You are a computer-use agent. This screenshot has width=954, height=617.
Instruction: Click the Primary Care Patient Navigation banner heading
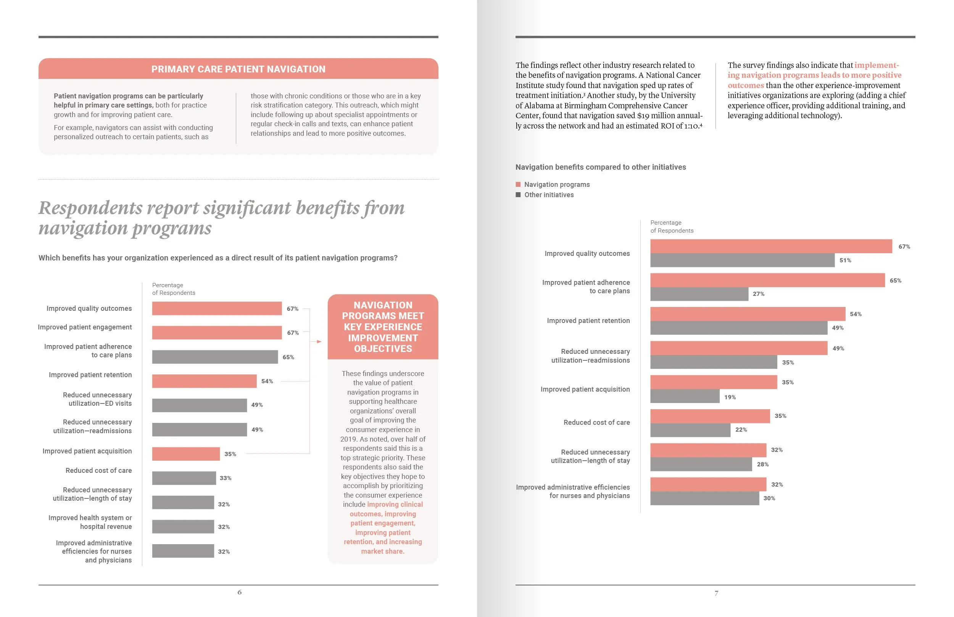tap(238, 69)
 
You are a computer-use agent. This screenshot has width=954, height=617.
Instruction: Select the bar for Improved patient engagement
tap(216, 333)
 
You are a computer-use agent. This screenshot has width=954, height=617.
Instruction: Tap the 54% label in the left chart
tap(267, 381)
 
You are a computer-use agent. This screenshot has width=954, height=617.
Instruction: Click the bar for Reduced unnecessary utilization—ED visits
tap(199, 405)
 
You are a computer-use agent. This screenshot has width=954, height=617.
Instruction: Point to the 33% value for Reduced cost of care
tap(225, 478)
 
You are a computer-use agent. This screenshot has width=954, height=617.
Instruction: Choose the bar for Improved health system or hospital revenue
tap(183, 527)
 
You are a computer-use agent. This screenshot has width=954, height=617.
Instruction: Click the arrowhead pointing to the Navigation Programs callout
tap(319, 341)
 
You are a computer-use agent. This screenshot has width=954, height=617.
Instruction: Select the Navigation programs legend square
tap(518, 184)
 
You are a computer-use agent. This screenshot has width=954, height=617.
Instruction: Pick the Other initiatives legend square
tap(518, 195)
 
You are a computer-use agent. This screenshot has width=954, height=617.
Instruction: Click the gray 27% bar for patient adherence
tap(699, 294)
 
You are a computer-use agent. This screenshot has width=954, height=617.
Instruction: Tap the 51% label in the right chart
tap(845, 260)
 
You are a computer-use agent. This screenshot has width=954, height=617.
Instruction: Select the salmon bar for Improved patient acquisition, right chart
tap(713, 382)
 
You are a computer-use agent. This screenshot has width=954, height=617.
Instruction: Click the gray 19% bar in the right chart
tap(685, 396)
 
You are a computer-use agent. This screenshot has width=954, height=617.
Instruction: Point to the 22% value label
tap(741, 429)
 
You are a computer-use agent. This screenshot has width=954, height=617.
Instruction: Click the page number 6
tap(239, 592)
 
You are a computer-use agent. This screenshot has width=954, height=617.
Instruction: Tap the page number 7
tap(716, 593)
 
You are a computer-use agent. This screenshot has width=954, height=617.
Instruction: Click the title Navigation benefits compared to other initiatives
tap(601, 167)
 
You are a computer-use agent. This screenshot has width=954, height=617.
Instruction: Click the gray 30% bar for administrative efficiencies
tap(704, 498)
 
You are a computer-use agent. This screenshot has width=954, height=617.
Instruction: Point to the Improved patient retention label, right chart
tap(588, 321)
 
